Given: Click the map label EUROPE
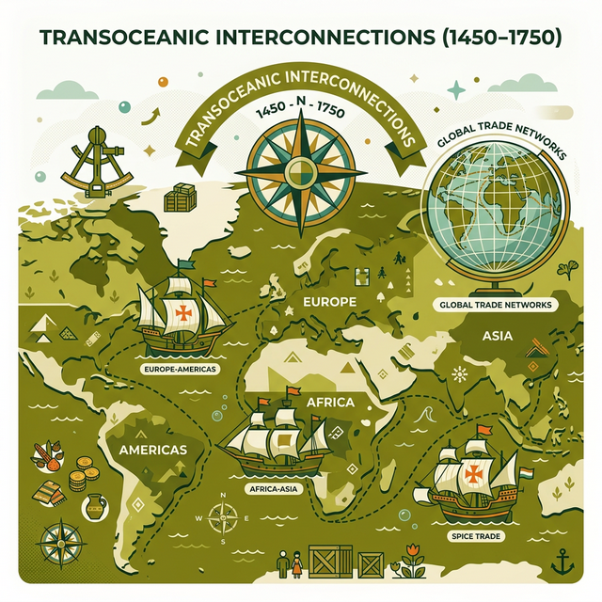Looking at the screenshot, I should pos(331,303).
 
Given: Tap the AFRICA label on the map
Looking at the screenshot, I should pos(329,403).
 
